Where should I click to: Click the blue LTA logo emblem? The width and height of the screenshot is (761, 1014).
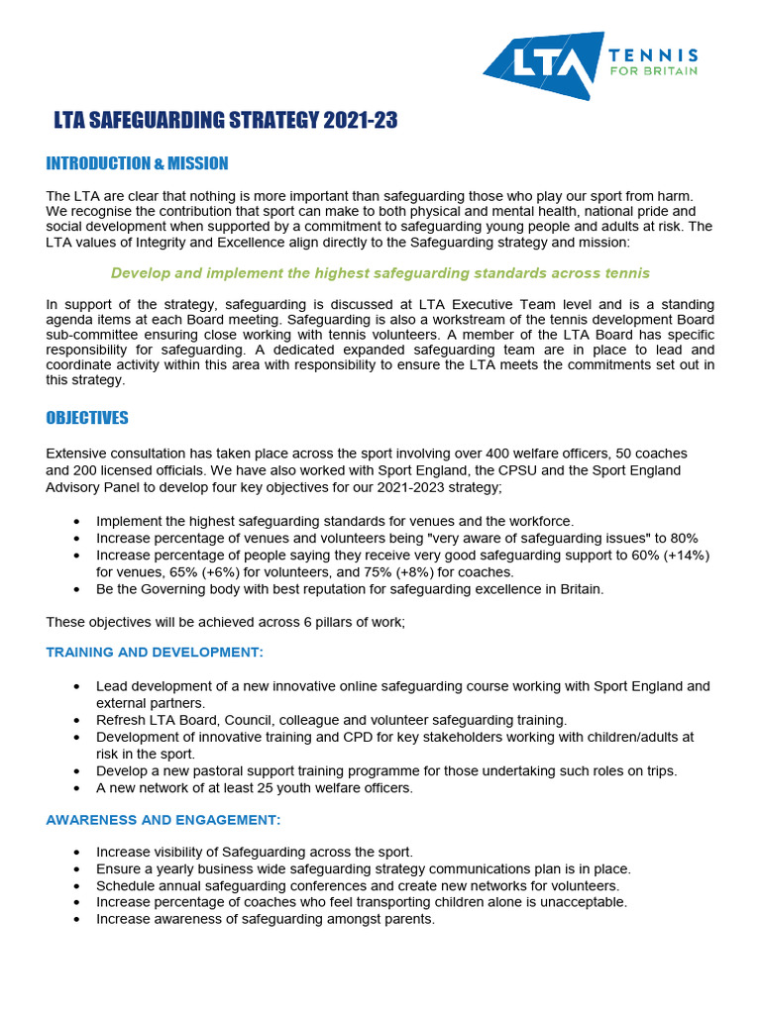click(x=544, y=65)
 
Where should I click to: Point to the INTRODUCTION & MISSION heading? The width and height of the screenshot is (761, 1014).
click(x=137, y=163)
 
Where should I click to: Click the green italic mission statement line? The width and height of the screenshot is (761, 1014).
click(x=380, y=272)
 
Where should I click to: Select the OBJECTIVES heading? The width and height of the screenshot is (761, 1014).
click(x=87, y=418)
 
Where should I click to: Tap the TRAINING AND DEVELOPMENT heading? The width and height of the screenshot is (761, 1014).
click(x=155, y=652)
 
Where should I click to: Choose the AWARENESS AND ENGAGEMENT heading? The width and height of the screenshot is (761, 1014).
click(x=163, y=819)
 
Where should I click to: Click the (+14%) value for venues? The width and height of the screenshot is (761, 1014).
click(x=686, y=555)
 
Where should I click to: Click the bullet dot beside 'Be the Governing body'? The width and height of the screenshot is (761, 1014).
click(x=78, y=589)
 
